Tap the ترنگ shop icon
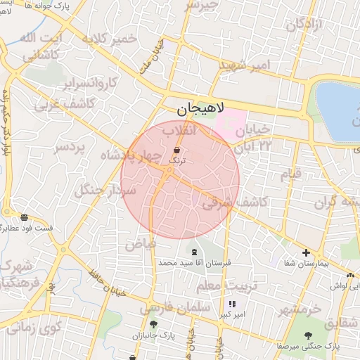point(175,150)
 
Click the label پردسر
point(69,148)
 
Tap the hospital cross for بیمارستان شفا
point(306,252)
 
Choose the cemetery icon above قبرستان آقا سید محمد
point(194,251)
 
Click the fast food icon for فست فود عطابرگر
point(25,218)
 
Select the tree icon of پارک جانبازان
point(153,325)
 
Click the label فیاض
point(141,245)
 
